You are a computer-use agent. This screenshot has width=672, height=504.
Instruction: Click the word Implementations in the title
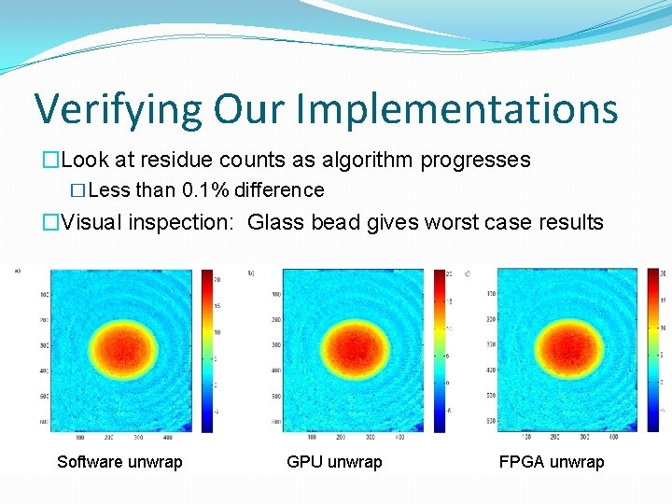click(456, 109)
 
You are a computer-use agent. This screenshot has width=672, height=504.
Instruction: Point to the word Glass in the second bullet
click(277, 223)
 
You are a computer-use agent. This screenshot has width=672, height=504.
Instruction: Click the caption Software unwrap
click(119, 462)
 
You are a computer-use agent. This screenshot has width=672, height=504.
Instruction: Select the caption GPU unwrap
click(334, 462)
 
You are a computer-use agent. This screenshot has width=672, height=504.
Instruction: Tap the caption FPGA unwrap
click(552, 462)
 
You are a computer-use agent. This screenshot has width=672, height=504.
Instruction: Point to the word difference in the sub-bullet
click(279, 190)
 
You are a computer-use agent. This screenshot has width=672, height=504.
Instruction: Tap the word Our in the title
click(253, 109)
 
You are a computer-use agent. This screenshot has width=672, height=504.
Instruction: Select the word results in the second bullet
click(570, 223)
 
